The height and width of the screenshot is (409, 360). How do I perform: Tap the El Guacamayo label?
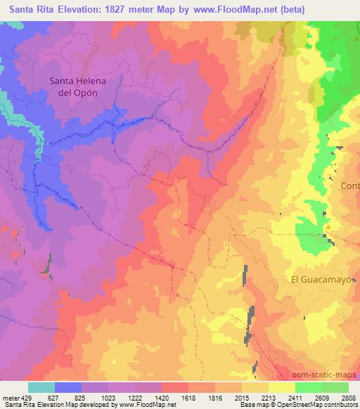319,279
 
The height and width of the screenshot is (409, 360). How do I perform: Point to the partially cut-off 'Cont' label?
349,186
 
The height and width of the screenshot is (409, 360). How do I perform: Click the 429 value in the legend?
28,398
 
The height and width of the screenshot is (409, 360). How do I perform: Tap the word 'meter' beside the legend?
10,398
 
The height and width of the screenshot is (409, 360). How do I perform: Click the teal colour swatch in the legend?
41,387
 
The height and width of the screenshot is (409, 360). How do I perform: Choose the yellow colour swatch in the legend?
282,387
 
